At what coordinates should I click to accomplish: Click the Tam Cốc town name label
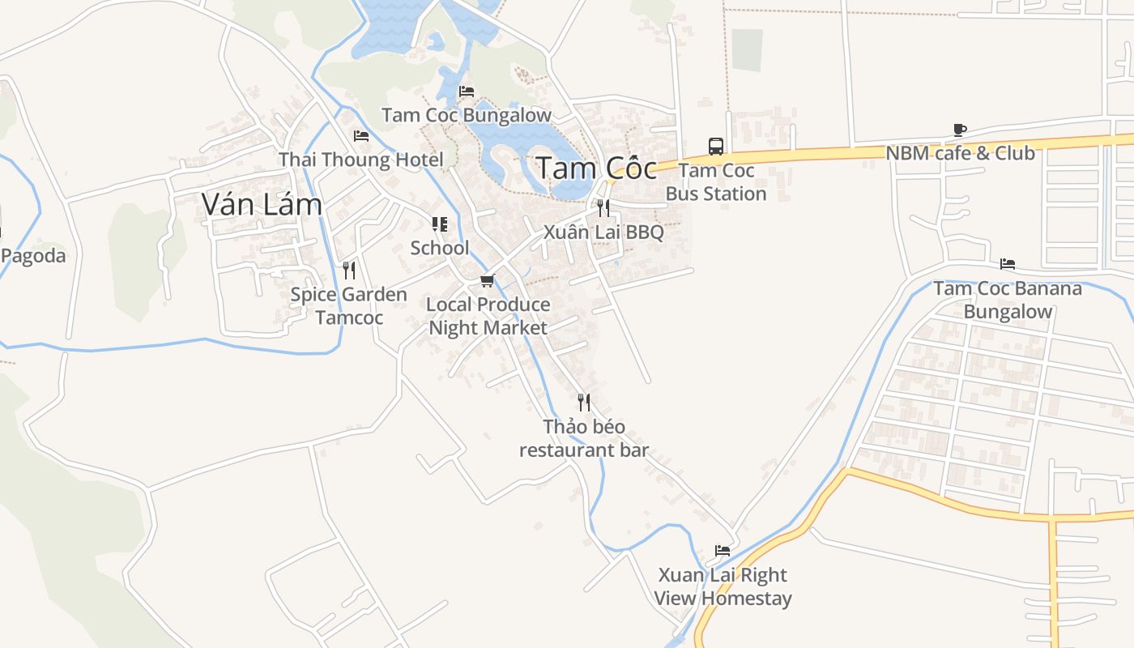[596, 168]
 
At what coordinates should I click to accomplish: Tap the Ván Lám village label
[262, 204]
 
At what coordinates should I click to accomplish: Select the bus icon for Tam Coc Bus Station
[716, 147]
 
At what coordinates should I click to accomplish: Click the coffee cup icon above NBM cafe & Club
[960, 130]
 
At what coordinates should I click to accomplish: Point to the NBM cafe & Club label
[960, 153]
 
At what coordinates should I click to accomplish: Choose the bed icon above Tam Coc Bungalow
[467, 92]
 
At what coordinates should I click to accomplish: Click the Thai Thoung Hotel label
[361, 160]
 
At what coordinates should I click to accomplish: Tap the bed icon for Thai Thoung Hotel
[361, 136]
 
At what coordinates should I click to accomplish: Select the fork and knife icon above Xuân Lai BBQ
[603, 208]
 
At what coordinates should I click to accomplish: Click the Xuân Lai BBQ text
[603, 232]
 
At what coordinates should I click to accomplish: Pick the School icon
[440, 224]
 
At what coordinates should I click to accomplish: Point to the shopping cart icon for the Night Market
[487, 281]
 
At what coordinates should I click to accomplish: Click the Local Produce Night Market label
[488, 316]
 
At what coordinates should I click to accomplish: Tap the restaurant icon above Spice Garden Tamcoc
[349, 270]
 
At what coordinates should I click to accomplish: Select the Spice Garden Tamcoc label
[349, 305]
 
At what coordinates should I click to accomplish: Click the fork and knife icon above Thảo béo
[583, 403]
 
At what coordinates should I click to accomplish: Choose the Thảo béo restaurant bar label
[584, 438]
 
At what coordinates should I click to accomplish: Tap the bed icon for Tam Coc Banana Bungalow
[1008, 264]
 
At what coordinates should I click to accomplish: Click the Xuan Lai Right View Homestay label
[723, 586]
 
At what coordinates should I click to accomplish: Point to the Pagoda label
[33, 256]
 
